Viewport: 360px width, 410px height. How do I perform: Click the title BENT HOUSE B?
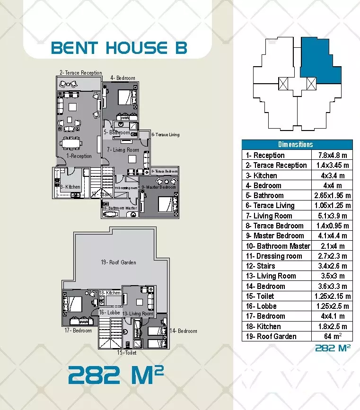tap(119, 48)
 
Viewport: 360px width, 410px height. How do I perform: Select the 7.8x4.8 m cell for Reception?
tap(332, 155)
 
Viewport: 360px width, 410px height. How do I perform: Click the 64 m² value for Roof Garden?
tap(332, 336)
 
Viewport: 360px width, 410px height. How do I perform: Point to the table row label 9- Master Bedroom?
tap(274, 236)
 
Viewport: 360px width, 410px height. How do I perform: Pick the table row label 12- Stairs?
tap(260, 266)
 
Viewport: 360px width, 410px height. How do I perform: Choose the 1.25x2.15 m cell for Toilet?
tap(332, 296)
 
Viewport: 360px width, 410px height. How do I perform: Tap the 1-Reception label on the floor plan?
tap(79, 156)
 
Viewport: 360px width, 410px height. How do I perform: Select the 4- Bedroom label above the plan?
tap(123, 78)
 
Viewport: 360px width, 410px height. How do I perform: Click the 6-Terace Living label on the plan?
tap(166, 135)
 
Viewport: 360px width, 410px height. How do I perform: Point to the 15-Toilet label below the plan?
tap(127, 353)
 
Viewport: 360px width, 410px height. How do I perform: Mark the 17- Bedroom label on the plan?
tap(78, 331)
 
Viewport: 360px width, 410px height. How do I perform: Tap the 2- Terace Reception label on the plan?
tap(80, 73)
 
